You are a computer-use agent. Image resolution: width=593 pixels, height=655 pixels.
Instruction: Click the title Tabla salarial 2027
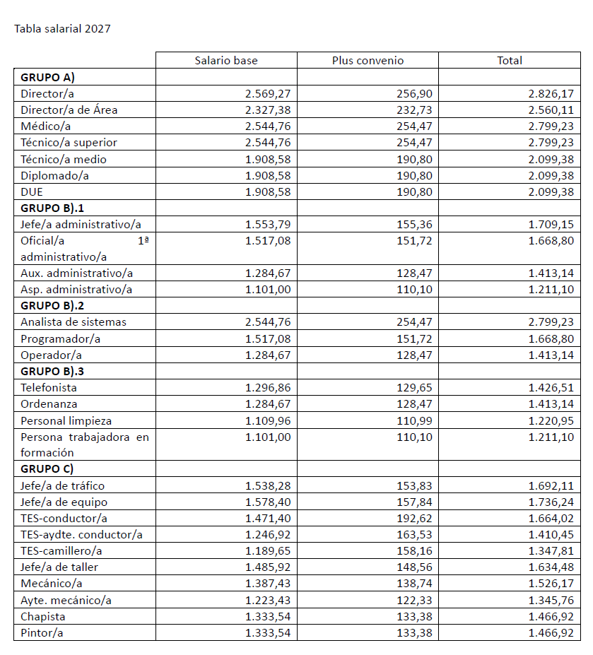point(62,29)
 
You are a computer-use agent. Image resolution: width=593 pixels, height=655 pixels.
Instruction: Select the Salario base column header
point(226,61)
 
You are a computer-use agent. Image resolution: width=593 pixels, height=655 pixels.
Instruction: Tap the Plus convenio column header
point(368,61)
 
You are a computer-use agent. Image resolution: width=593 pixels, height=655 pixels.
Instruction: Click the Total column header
point(510,61)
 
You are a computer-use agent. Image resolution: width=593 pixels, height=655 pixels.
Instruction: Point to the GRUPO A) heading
point(48,77)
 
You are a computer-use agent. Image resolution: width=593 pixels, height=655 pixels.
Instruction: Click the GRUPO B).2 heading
point(53,305)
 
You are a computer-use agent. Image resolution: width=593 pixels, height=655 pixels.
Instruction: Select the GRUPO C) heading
point(47,468)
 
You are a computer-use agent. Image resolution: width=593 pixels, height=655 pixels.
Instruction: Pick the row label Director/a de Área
point(69,110)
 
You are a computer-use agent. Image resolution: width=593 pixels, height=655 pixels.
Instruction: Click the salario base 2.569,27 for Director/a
point(268,93)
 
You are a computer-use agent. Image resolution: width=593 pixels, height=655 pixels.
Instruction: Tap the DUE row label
point(33,191)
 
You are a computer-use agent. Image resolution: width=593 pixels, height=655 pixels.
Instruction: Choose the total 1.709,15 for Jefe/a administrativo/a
point(551,224)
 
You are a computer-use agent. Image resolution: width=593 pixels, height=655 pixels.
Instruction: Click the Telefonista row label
point(49,387)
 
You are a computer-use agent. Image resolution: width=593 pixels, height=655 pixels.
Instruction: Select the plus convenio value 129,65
point(415,387)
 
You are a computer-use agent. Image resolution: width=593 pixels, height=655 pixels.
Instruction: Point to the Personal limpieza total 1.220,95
point(551,420)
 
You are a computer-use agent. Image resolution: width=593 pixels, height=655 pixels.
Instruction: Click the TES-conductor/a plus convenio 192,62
point(415,518)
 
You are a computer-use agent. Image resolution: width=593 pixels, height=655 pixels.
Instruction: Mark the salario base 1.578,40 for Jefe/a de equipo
point(268,502)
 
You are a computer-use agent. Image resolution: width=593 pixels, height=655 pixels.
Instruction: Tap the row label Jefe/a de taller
point(59,567)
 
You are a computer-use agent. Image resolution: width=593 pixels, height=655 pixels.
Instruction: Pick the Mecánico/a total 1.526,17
point(551,583)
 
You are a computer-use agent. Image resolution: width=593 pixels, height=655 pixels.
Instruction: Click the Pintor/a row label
point(42,632)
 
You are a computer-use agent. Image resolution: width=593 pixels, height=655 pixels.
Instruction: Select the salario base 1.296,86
point(268,387)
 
